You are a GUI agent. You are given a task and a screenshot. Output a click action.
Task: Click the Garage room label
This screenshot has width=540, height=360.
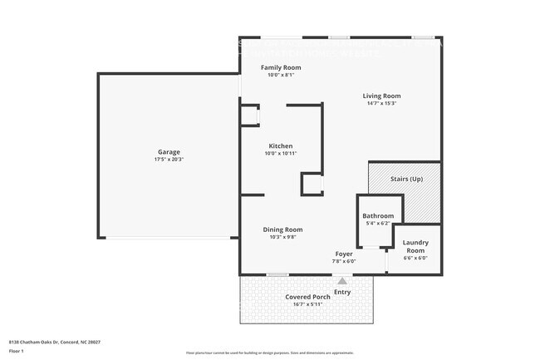pyautogui.click(x=169, y=152)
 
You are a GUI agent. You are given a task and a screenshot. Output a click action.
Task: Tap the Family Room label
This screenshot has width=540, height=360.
pyautogui.click(x=281, y=67)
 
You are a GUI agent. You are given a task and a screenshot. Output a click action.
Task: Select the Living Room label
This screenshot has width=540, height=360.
pyautogui.click(x=381, y=96)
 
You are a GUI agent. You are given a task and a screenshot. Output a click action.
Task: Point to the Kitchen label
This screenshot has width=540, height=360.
pyautogui.click(x=280, y=145)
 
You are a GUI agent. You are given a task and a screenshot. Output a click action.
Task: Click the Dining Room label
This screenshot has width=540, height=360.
pyautogui.click(x=282, y=229)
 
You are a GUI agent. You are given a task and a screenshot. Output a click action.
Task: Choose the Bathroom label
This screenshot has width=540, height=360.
pyautogui.click(x=378, y=215)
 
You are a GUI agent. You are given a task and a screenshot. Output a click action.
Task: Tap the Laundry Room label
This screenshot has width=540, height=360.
pyautogui.click(x=415, y=246)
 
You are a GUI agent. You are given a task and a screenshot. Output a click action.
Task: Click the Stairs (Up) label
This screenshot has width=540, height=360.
pyautogui.click(x=406, y=179)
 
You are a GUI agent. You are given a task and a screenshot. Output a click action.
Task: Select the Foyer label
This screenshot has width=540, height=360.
pyautogui.click(x=344, y=254)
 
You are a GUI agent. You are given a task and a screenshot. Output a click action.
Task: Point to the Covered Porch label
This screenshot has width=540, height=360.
pyautogui.click(x=308, y=297)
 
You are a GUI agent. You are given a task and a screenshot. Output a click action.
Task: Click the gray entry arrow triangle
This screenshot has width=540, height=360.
pyautogui.click(x=341, y=281)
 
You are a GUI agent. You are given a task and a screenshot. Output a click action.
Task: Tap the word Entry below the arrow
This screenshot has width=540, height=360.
pyautogui.click(x=341, y=292)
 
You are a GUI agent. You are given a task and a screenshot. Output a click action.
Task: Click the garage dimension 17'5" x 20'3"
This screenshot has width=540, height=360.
pyautogui.click(x=169, y=160)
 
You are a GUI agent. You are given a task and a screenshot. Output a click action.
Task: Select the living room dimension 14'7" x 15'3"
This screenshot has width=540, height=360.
pyautogui.click(x=381, y=103)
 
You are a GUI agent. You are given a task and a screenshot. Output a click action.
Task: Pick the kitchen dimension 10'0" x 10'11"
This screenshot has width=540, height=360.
pyautogui.click(x=280, y=154)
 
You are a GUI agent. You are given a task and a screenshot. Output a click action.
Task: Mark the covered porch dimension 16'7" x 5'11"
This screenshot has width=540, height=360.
pyautogui.click(x=308, y=304)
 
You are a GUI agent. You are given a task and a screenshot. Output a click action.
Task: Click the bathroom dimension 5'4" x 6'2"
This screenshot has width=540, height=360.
pyautogui.click(x=378, y=223)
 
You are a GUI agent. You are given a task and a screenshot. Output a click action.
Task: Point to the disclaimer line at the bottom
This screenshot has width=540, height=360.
pyautogui.click(x=270, y=353)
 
